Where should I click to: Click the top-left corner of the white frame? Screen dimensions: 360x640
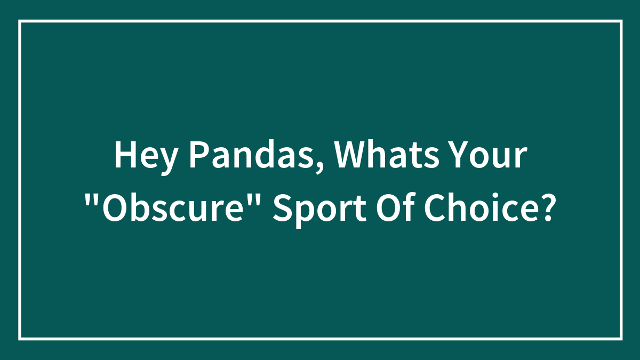(20, 21)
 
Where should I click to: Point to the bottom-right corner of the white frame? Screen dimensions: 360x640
(621, 339)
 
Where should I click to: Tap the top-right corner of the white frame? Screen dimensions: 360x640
(621, 21)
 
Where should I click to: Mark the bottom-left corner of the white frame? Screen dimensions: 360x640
(20, 339)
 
